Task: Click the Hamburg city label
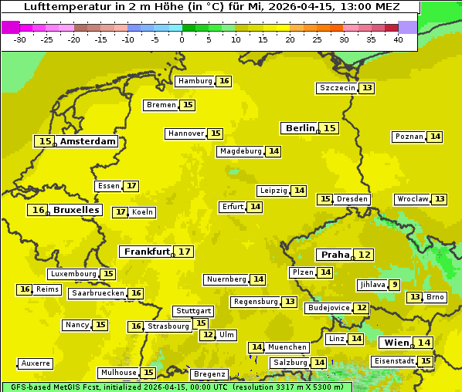tap(195, 81)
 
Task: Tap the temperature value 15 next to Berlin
tap(330, 128)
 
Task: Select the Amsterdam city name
tap(88, 141)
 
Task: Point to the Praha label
tap(335, 255)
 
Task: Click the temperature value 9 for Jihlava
tap(395, 285)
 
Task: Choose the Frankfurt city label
tap(147, 252)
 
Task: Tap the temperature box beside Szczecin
tap(367, 88)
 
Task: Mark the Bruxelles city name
tap(76, 210)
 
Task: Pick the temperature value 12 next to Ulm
tap(207, 335)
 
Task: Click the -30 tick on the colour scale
tap(20, 39)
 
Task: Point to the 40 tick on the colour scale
tap(398, 39)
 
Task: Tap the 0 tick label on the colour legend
tap(182, 39)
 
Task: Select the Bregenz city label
tap(209, 374)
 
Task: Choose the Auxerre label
tap(36, 363)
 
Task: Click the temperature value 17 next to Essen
tap(132, 186)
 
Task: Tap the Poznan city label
tap(409, 137)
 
